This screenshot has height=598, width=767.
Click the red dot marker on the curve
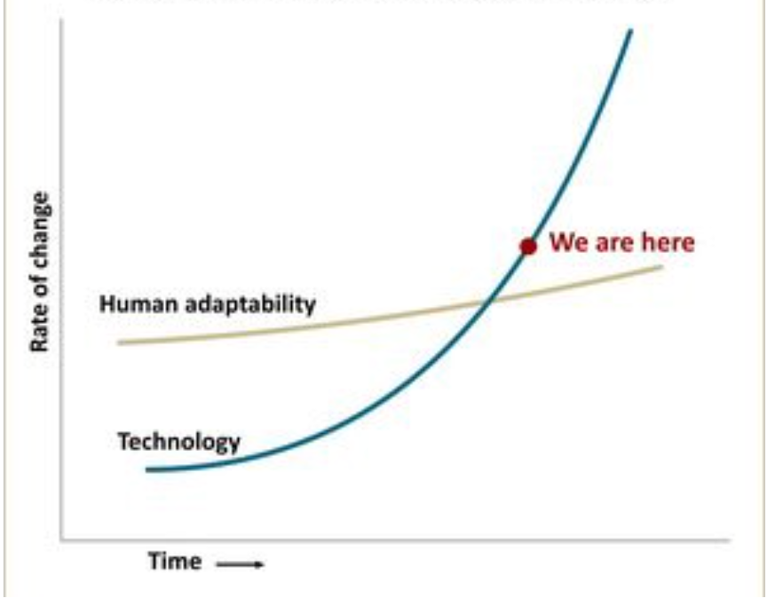(528, 247)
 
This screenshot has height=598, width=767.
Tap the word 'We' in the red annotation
(566, 241)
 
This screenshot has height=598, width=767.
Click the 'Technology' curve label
(178, 441)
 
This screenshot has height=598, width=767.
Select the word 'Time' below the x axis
(174, 562)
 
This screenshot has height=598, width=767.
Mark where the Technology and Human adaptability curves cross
(489, 302)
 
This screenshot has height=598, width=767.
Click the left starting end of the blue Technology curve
(148, 469)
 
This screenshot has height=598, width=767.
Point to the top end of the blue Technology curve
(630, 31)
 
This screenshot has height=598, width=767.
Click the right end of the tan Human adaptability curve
(661, 266)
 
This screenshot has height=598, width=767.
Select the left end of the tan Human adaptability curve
(120, 342)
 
